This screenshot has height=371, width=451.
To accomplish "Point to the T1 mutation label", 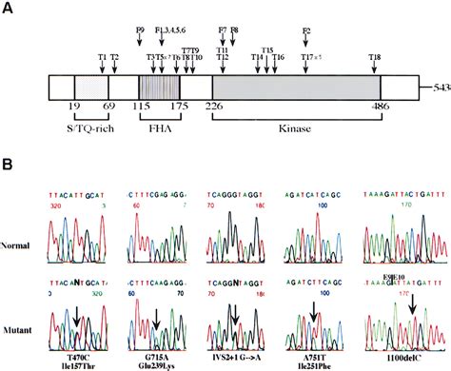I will coord(102,58).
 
